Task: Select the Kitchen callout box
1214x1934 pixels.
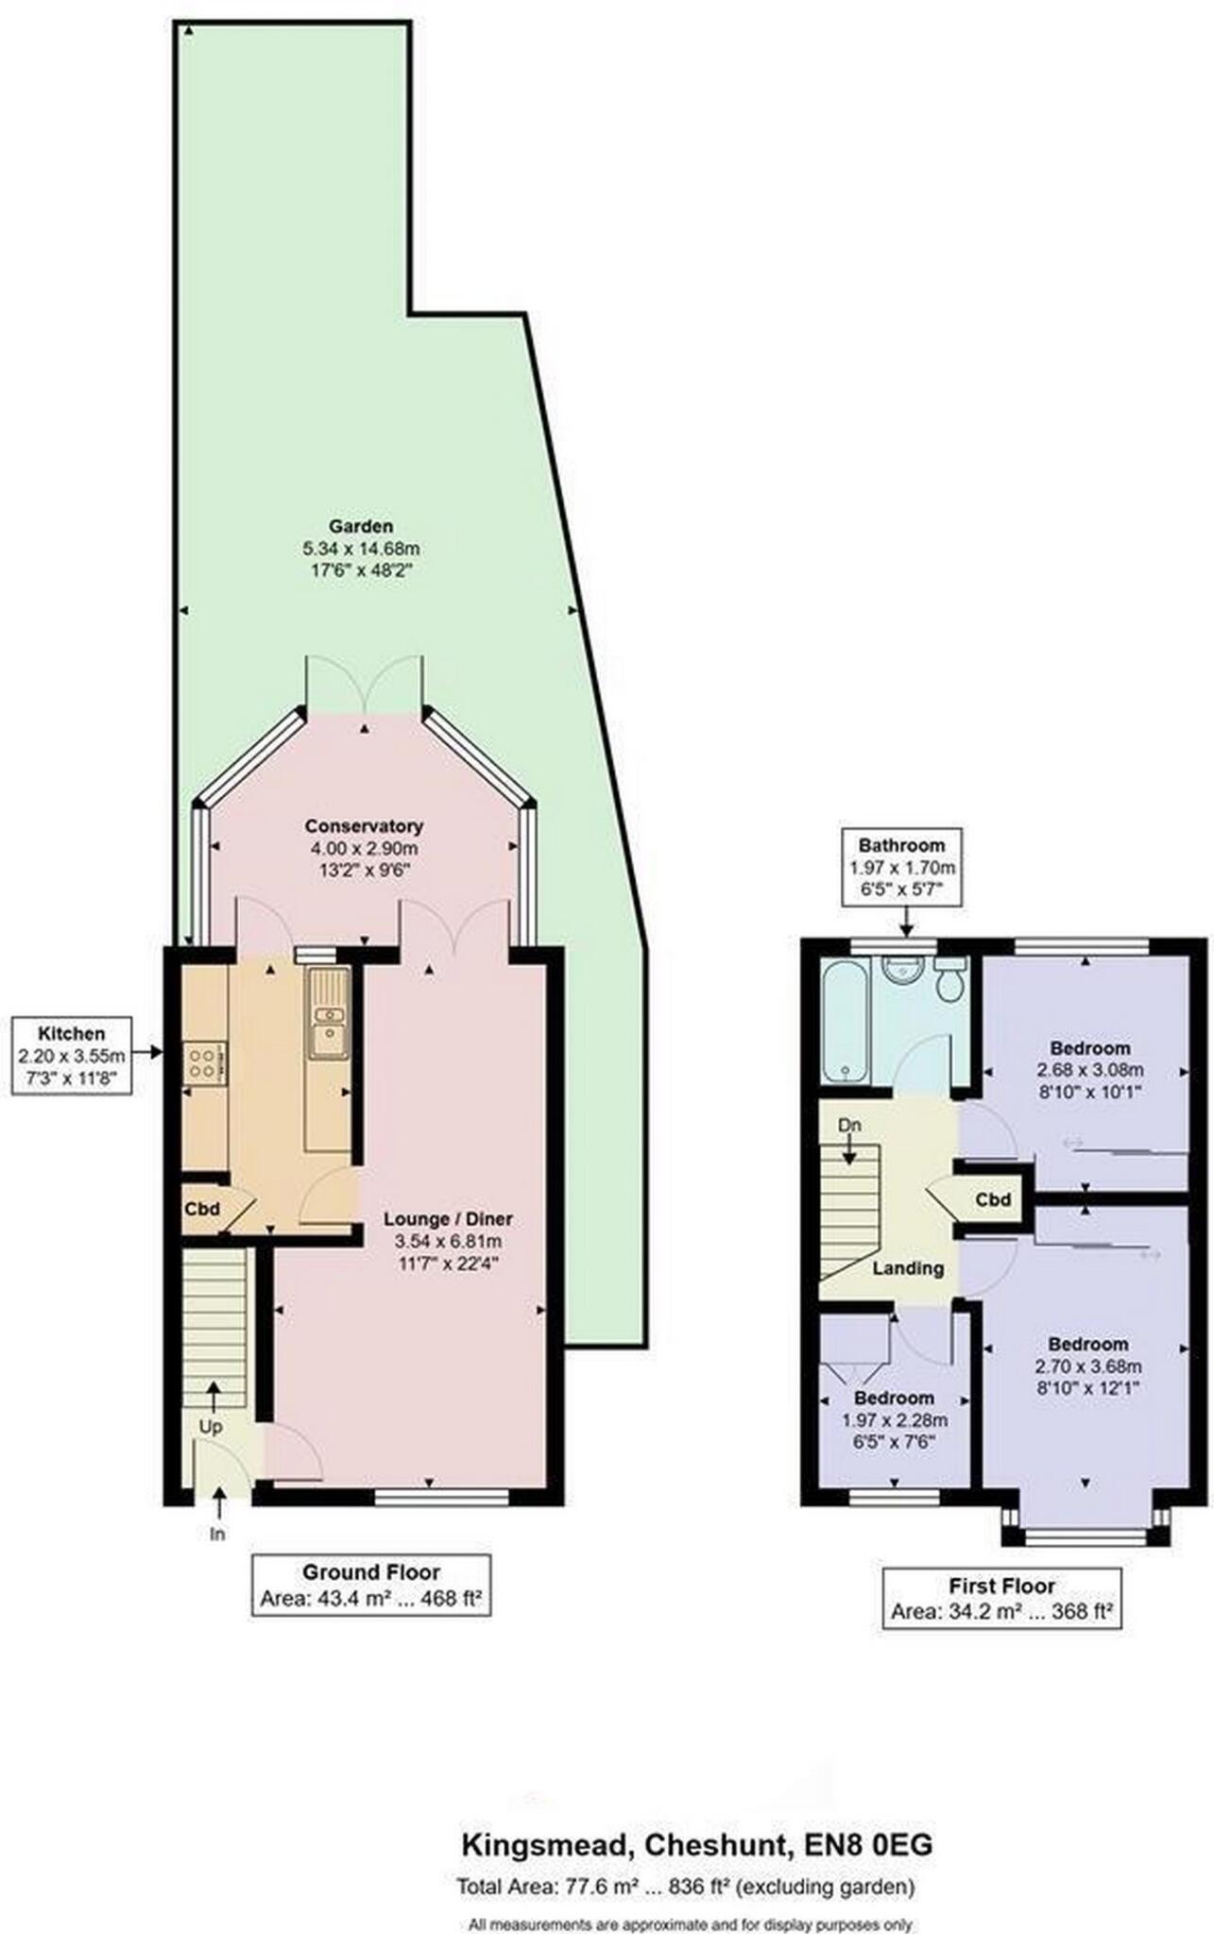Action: (x=72, y=1056)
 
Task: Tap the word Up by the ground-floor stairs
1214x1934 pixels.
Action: (x=210, y=1427)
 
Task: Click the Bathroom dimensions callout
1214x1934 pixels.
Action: (x=901, y=867)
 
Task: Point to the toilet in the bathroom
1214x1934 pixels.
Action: (x=949, y=979)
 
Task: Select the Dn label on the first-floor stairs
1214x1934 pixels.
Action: (x=849, y=1126)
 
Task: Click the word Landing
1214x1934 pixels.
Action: (x=907, y=1268)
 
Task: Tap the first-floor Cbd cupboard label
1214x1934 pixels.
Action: (x=993, y=1200)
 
